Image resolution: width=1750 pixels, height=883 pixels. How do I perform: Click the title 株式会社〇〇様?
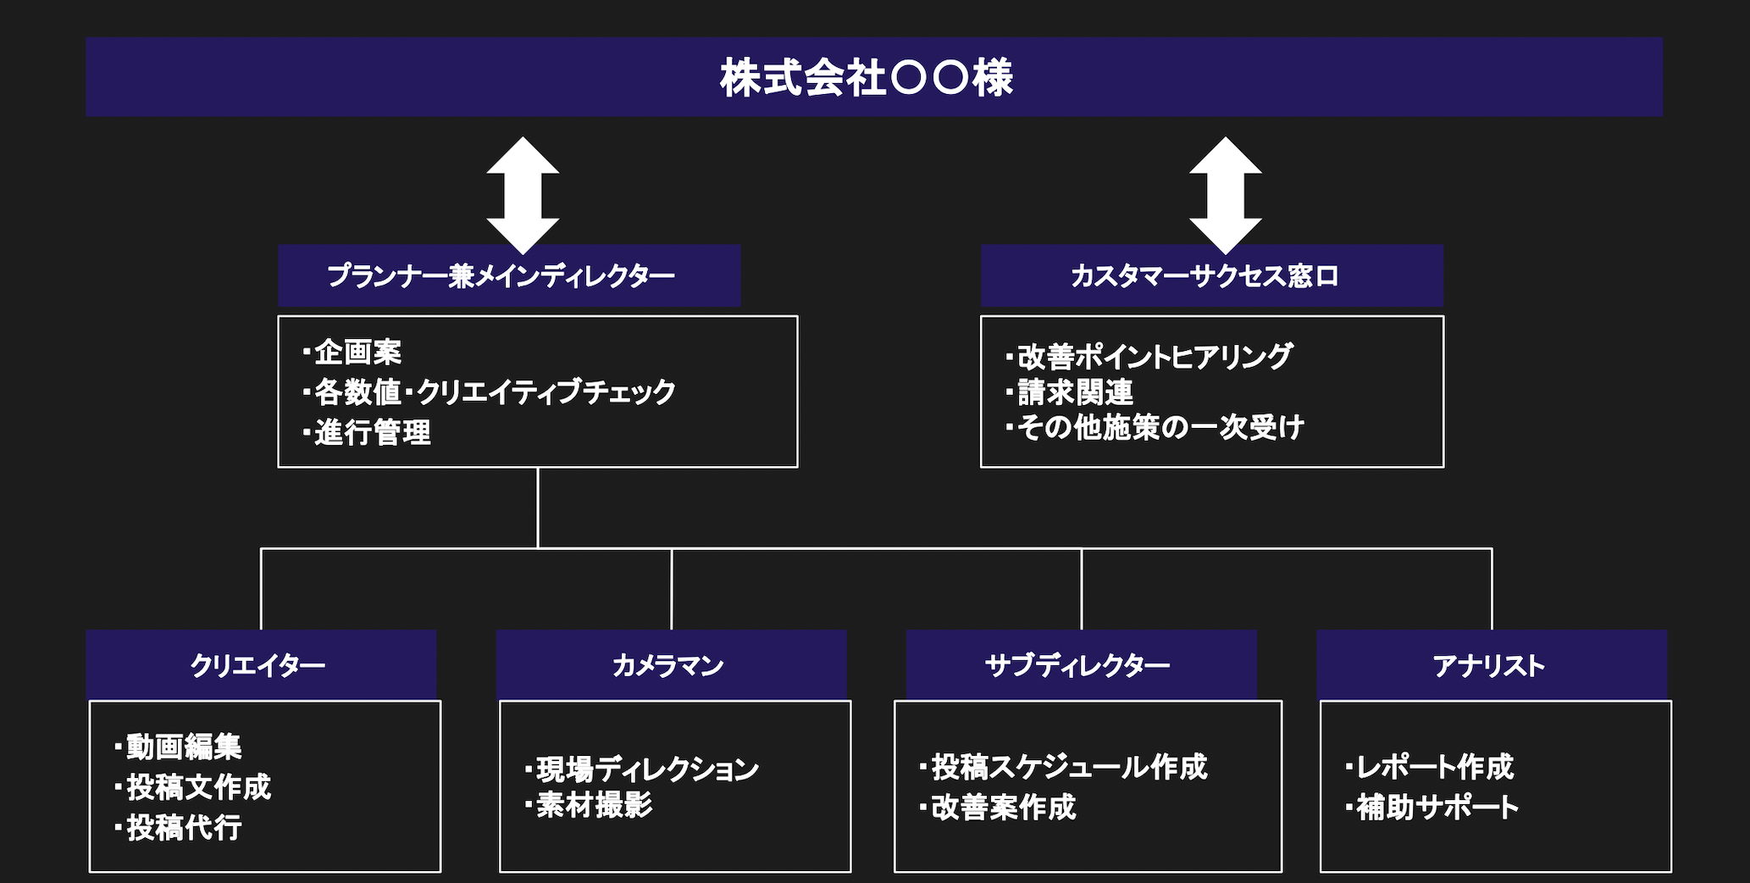point(867,77)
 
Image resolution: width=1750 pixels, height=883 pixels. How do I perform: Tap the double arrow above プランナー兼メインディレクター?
point(523,195)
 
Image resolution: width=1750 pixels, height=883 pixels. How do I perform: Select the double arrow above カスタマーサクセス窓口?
point(1225,195)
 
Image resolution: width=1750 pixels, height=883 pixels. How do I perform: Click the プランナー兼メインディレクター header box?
point(509,275)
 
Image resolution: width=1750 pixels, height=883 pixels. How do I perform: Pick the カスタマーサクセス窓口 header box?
point(1212,275)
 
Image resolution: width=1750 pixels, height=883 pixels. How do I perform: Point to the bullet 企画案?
point(352,352)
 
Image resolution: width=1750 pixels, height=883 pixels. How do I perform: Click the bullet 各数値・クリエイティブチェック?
point(489,392)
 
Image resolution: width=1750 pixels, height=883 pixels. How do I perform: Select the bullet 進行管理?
point(367,432)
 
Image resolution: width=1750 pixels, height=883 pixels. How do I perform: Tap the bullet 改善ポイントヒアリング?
point(1149,357)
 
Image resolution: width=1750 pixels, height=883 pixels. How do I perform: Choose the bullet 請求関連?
point(1070,392)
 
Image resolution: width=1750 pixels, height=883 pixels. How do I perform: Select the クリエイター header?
point(258,665)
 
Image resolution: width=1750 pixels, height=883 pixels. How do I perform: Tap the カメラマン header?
point(668,665)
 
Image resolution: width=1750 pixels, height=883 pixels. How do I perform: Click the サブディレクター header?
point(1077,665)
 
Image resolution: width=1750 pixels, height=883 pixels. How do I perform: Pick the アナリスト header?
point(1489,665)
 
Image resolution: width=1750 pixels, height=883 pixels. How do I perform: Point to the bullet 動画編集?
point(179,747)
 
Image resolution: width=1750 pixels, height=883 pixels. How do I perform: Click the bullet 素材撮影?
point(589,805)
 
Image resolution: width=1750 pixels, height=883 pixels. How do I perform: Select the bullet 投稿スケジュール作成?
point(1064,767)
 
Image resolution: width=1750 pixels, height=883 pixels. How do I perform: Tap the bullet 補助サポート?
point(1432,807)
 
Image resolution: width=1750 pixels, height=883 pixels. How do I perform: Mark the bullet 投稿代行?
point(179,827)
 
